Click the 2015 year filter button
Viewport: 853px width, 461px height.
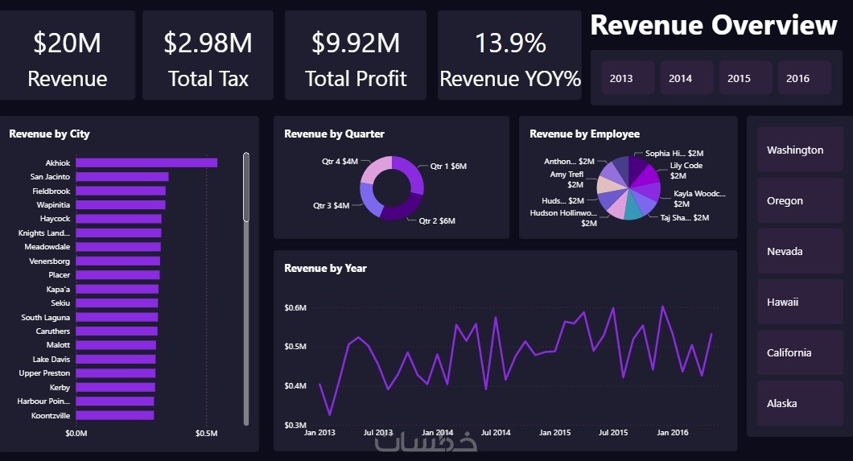pos(739,78)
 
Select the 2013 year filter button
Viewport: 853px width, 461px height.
pos(621,78)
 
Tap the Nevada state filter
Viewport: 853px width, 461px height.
pos(785,251)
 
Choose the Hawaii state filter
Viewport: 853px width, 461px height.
pos(783,302)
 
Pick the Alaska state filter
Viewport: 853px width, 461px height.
pos(782,403)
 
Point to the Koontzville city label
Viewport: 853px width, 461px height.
pos(51,415)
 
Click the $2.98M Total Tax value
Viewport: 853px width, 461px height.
pos(208,43)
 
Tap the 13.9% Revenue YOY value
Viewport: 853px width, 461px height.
pos(510,43)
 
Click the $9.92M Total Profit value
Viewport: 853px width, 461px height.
pos(356,43)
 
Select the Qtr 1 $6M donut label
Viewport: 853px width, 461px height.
pos(448,167)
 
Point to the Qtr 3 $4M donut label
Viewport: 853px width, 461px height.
pos(332,205)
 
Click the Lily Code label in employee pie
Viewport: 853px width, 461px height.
pos(686,166)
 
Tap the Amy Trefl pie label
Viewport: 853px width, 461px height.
pos(567,175)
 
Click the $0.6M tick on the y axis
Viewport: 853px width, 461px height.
pos(295,307)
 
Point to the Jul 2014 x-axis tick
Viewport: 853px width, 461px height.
pos(496,433)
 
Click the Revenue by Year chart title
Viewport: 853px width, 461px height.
pos(325,268)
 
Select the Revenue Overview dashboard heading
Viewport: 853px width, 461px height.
pos(713,25)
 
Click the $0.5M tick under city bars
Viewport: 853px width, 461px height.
pos(206,434)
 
